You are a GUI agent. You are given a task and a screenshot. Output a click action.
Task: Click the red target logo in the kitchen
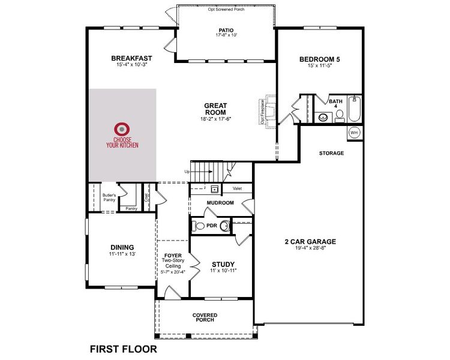point(122,128)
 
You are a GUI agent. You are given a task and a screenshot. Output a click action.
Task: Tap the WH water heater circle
point(354,132)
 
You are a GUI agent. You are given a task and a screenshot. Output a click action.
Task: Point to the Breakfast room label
point(131,58)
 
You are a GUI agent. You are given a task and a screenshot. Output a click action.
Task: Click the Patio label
point(226,30)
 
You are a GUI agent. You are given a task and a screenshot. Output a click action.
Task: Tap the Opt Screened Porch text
point(227,10)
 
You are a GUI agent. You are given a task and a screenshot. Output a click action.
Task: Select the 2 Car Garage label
point(310,242)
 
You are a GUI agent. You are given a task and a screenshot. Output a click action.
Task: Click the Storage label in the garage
point(331,153)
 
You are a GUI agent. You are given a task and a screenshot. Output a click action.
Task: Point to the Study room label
point(223,264)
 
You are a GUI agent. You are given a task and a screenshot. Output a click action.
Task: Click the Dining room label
point(122,247)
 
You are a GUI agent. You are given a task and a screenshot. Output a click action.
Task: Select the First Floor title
point(123,348)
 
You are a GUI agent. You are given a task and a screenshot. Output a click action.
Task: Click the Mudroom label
point(220,203)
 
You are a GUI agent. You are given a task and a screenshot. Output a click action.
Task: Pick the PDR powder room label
point(211,226)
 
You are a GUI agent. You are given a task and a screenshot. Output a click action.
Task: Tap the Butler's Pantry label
point(109,197)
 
